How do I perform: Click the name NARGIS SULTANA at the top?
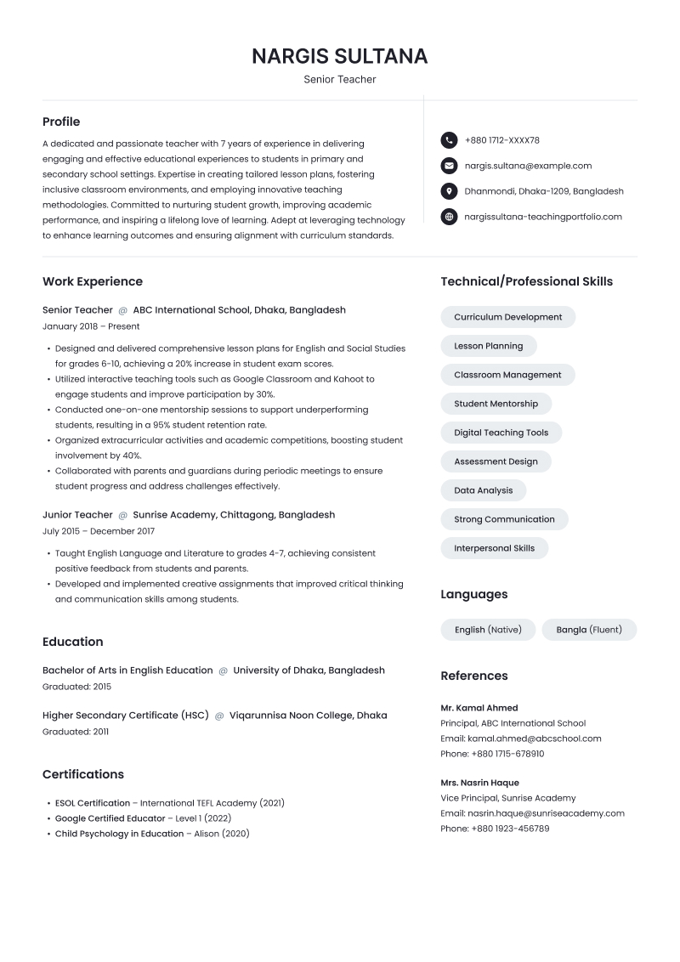coord(340,57)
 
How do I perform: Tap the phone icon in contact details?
coord(449,140)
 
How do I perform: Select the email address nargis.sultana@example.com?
coord(528,166)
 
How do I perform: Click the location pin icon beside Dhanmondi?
coord(449,191)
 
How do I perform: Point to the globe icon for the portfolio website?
coord(449,217)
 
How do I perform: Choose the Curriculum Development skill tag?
coord(507,317)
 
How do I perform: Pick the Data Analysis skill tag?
coord(483,490)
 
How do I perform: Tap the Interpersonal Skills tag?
coord(494,548)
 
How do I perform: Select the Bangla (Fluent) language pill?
coord(589,630)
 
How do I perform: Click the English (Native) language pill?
coord(488,630)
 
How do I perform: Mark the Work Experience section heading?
coord(93,281)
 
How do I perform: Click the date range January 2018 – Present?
coord(91,326)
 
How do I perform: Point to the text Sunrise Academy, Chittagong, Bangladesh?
coord(234,515)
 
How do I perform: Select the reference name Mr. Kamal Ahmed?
coord(479,708)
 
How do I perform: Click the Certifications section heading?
coord(83,774)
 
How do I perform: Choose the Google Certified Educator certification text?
coord(110,818)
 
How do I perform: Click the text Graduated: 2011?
coord(76,732)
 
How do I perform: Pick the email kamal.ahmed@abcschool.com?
coord(534,738)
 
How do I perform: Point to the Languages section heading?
coord(473,594)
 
